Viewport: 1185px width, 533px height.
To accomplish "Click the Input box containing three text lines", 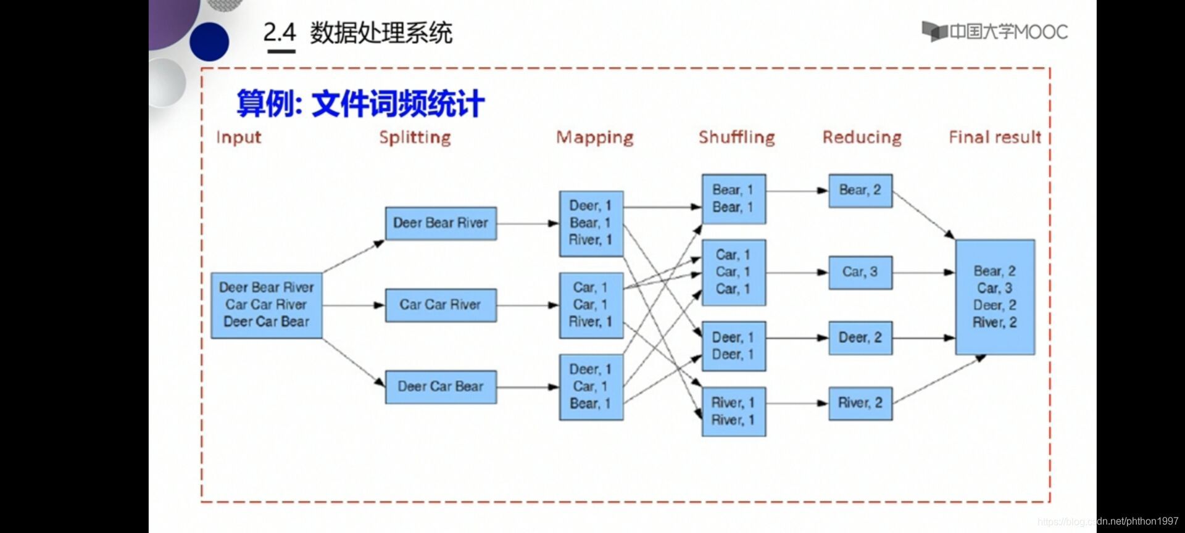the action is tap(267, 305).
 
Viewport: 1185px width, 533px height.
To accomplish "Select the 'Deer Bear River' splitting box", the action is tap(441, 223).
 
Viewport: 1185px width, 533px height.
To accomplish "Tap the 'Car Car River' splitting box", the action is tap(441, 305).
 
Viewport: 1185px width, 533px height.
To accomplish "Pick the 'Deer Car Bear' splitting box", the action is tap(441, 387).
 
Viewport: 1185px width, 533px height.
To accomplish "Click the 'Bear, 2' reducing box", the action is tap(860, 191).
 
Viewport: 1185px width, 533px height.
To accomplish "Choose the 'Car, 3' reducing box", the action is tap(860, 272).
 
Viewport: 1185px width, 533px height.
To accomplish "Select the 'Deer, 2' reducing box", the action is tap(860, 338).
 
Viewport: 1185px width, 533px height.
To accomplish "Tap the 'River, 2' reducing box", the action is tap(860, 403).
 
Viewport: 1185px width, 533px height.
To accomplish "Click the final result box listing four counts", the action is tap(995, 297).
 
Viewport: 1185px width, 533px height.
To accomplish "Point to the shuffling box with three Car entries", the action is tap(734, 273).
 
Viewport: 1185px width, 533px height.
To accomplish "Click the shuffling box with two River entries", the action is tap(734, 412).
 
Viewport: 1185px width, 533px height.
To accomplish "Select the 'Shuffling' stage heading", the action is tap(737, 137).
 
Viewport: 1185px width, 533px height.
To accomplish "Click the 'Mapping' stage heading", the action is tap(595, 138).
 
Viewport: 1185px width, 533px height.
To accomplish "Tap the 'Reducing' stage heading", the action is tap(862, 138).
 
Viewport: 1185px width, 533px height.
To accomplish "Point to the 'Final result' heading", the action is tap(995, 137).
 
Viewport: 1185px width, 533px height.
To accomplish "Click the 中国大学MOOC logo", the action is tap(995, 31).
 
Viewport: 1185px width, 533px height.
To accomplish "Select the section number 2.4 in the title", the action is tap(280, 33).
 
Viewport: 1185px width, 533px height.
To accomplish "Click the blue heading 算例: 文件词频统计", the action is tap(361, 103).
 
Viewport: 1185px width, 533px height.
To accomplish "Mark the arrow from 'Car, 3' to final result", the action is tap(924, 272).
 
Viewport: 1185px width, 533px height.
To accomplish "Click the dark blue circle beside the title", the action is tap(209, 42).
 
